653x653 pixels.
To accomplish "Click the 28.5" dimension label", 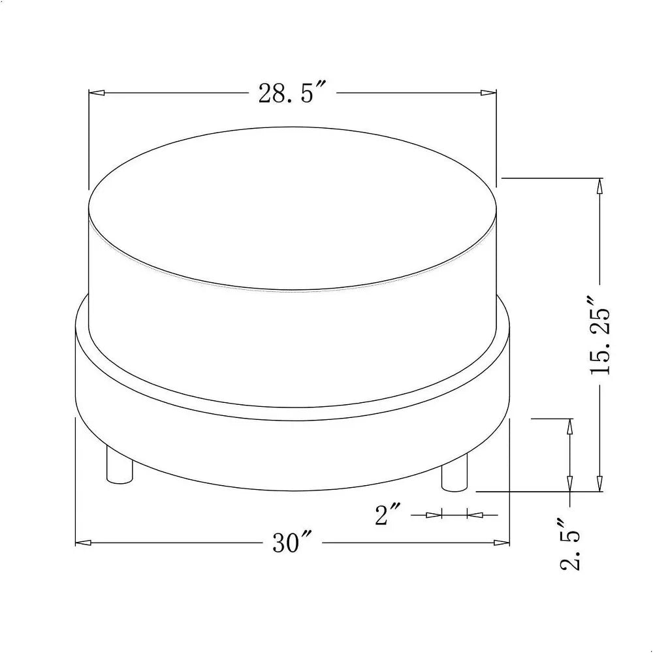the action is (x=291, y=93).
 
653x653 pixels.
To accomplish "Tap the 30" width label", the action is (x=292, y=541).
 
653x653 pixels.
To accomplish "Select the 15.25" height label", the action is (x=599, y=336).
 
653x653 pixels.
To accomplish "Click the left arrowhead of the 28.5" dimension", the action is (x=97, y=93).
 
